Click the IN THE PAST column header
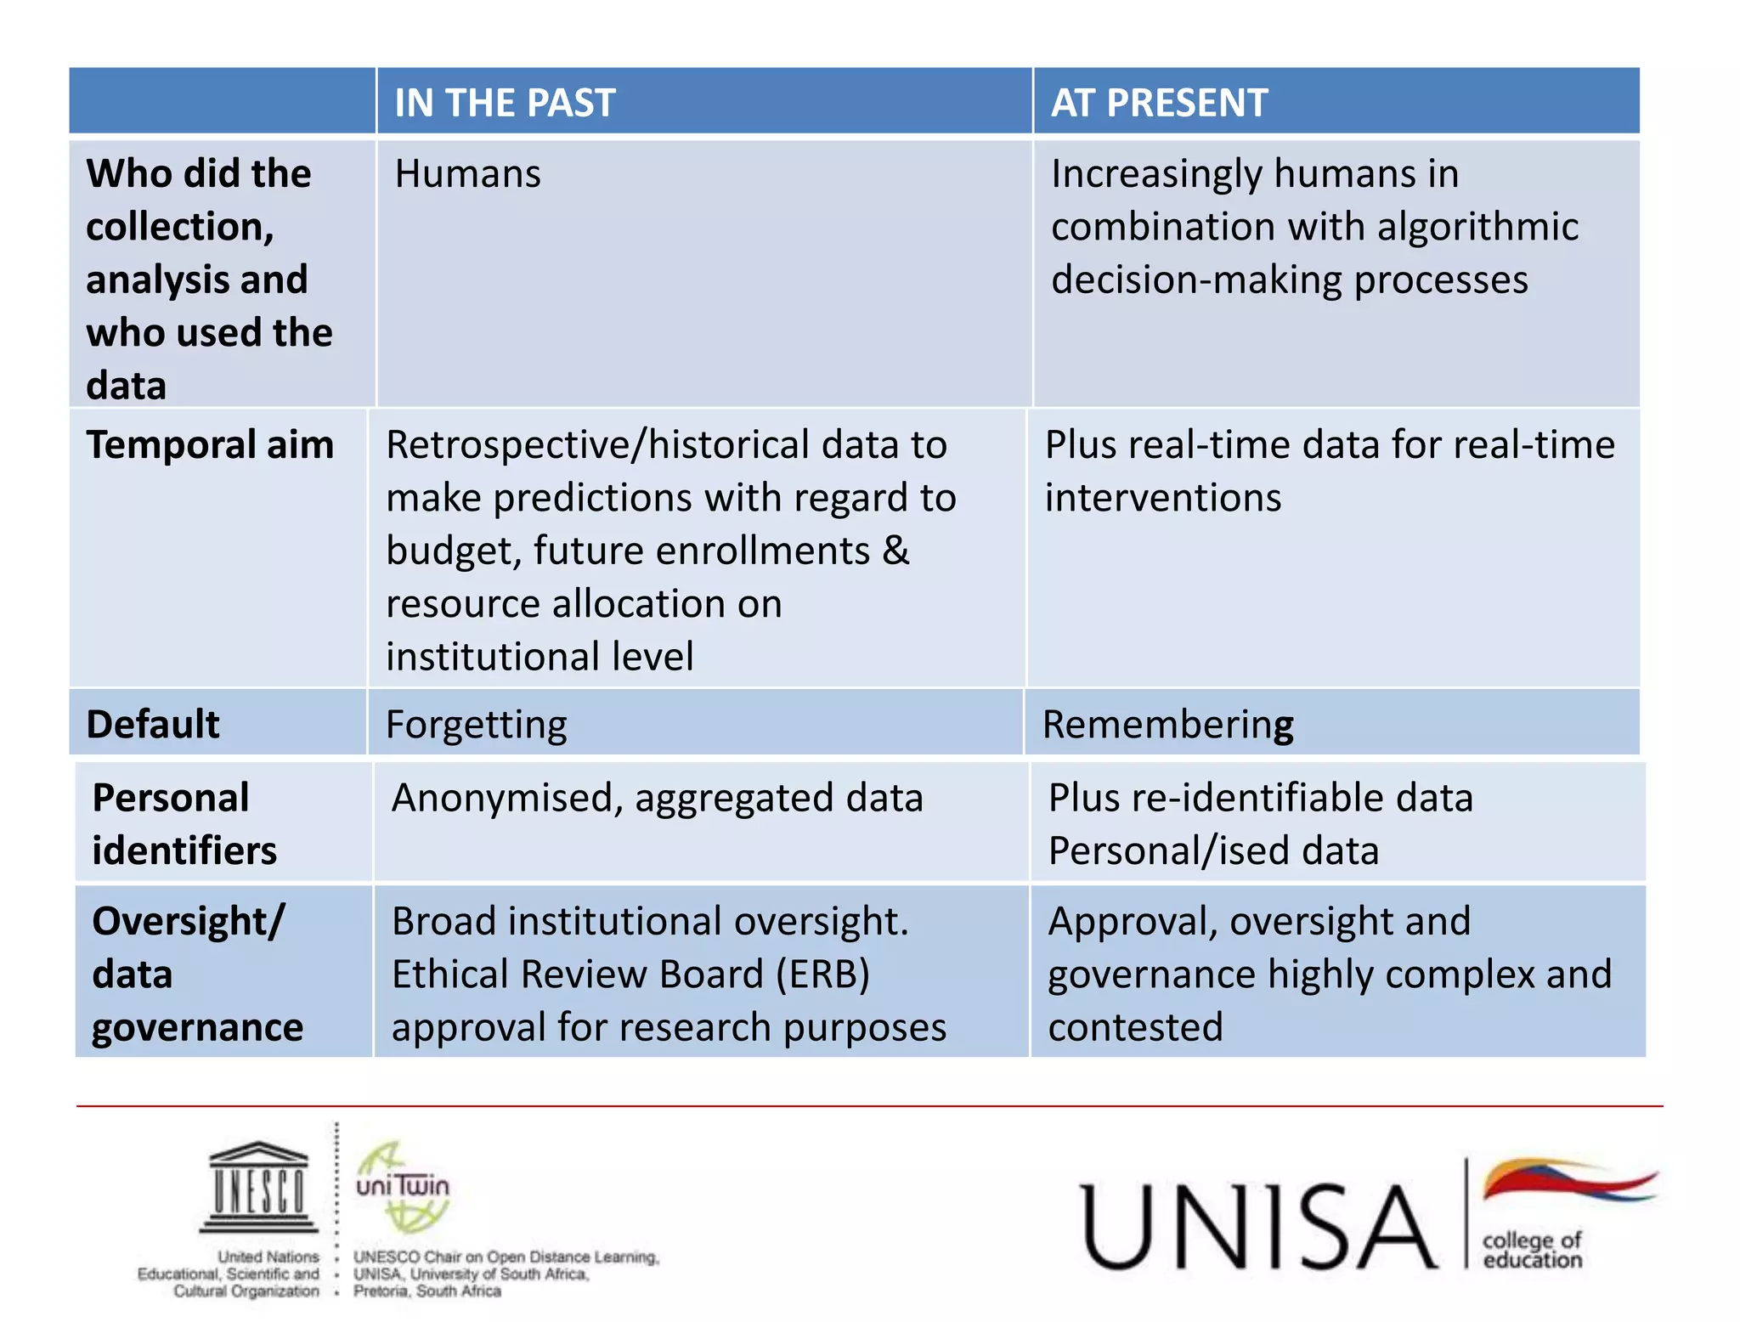505,103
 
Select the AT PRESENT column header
1159,103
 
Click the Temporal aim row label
210,445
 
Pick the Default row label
153,725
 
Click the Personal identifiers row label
184,823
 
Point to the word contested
1135,1027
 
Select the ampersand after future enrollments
895,551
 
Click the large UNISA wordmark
1258,1227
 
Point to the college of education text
1532,1250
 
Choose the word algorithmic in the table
1477,227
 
